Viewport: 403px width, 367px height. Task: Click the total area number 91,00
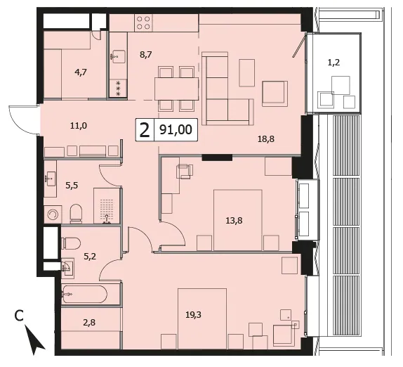[x=176, y=129]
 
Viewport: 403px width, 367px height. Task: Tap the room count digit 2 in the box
[x=145, y=130]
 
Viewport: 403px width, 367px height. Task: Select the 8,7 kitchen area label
[x=146, y=55]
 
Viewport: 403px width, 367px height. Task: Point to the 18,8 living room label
[x=266, y=139]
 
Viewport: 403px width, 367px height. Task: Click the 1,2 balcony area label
[x=334, y=63]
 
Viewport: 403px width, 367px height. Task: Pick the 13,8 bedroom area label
[x=234, y=221]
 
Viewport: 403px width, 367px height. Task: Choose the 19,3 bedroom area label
[x=193, y=314]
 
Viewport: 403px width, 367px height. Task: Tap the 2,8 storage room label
[x=89, y=322]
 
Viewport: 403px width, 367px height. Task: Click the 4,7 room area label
[x=81, y=72]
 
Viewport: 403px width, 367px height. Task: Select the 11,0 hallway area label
[x=79, y=126]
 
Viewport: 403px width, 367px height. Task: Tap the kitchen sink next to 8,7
[x=118, y=56]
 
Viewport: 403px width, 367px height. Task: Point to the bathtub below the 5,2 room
[x=84, y=294]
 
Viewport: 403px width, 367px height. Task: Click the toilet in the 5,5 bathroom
[x=76, y=214]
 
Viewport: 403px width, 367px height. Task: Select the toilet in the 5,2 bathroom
[x=71, y=243]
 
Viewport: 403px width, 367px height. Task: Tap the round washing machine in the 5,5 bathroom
[x=53, y=214]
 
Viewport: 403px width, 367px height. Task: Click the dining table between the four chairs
[x=176, y=89]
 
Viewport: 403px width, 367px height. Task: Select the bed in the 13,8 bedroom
[x=238, y=220]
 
